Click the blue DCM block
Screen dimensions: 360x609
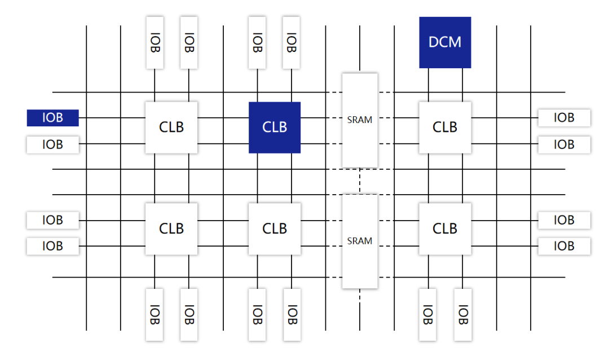click(445, 42)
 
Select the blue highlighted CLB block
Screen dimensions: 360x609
click(275, 128)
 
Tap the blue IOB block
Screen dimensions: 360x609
click(52, 118)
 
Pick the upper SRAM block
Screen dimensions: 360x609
click(360, 120)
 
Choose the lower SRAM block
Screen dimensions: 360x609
click(360, 241)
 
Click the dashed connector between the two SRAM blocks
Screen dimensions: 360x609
click(360, 181)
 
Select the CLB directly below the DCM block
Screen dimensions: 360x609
click(445, 128)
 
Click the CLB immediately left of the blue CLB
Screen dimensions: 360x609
click(171, 128)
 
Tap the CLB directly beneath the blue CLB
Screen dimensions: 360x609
click(275, 229)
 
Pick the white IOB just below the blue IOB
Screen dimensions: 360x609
click(52, 144)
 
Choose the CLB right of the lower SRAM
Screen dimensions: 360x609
click(445, 229)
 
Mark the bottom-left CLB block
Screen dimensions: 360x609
click(171, 229)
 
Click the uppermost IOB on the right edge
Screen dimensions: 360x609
click(564, 118)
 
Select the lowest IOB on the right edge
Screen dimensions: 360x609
click(564, 246)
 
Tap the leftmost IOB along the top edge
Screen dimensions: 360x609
click(155, 42)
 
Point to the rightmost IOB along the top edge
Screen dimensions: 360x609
click(291, 42)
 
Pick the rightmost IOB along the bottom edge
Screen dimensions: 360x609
click(462, 314)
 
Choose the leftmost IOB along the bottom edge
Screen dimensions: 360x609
click(155, 314)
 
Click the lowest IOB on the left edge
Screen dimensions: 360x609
click(52, 246)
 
